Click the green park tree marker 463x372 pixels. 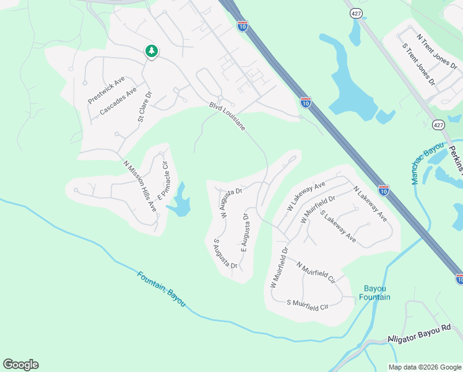tap(151, 51)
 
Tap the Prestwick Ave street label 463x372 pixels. tap(106, 90)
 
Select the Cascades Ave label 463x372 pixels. tap(118, 102)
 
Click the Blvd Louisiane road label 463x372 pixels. tap(227, 117)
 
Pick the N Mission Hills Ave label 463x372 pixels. tap(140, 187)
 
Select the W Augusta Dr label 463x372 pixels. tap(228, 200)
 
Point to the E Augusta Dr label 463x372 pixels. tap(244, 238)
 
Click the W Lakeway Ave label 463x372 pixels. tap(306, 197)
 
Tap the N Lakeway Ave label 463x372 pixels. tap(370, 203)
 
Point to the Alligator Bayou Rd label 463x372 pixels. tap(420, 334)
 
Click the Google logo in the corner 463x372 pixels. tap(20, 365)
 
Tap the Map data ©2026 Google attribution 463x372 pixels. tap(425, 367)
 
